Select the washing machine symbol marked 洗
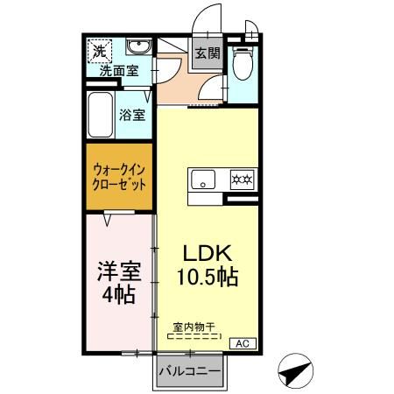99,52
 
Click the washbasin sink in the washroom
137,47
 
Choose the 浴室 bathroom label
133,114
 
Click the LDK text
207,253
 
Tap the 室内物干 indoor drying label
194,327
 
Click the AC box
243,343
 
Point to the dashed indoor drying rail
194,336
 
